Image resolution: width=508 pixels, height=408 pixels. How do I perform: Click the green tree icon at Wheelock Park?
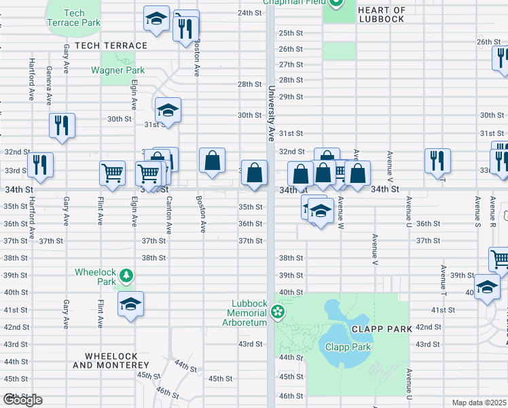(126, 275)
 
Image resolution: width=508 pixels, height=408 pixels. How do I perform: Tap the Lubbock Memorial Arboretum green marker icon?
(277, 312)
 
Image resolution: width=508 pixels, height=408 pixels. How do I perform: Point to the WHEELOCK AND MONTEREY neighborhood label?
(105, 360)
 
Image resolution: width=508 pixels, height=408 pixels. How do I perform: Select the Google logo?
(22, 400)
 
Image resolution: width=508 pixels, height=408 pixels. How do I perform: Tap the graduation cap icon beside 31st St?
(168, 109)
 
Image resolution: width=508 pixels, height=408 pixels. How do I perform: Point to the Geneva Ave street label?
(49, 85)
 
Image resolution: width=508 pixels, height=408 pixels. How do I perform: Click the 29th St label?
(291, 97)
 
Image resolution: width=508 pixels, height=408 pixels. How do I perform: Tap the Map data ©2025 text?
(479, 403)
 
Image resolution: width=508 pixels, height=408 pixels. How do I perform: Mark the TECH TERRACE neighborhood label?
(111, 46)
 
